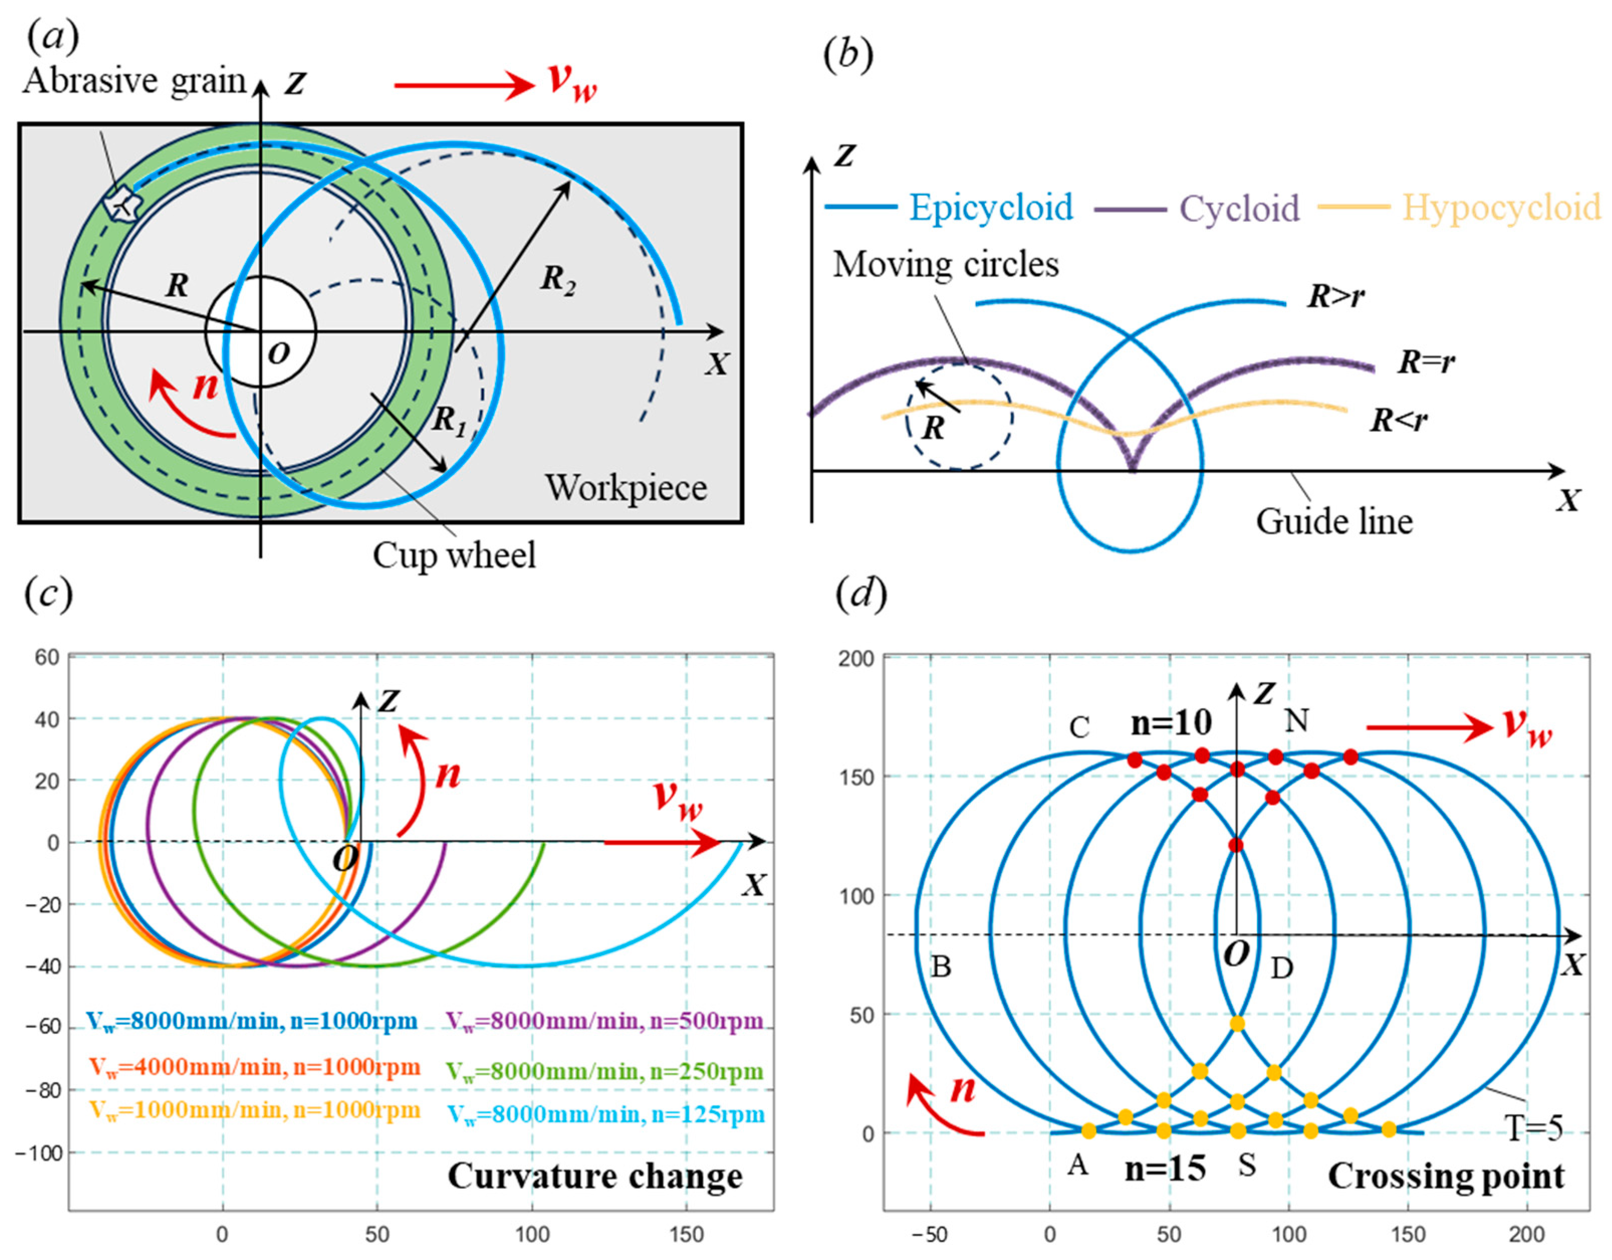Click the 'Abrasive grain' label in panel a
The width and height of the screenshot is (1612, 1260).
[x=135, y=81]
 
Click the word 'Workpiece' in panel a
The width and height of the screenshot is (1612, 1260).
[x=626, y=488]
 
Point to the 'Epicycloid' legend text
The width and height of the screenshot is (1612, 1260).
[x=990, y=207]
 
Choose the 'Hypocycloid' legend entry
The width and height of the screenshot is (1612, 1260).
[x=1501, y=207]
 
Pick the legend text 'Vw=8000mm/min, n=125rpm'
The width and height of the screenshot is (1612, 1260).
[x=606, y=1114]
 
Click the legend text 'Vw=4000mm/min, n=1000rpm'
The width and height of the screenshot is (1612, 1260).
[x=255, y=1067]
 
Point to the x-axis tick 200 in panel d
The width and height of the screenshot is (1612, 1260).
[x=1526, y=1234]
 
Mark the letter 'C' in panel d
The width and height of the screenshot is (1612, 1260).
[x=1079, y=728]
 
